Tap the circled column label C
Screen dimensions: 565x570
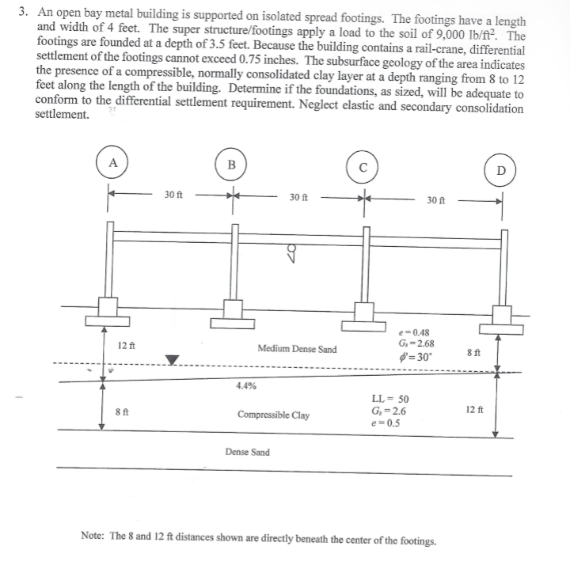pos(362,167)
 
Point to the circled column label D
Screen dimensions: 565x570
pos(501,170)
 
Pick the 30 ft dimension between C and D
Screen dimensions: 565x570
pos(436,200)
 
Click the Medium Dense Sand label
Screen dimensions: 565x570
pos(297,349)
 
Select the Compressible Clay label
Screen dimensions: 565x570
pos(273,415)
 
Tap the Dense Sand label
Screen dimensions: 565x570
pos(247,453)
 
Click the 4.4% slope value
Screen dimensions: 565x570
pos(245,387)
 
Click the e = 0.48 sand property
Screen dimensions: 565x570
pos(416,333)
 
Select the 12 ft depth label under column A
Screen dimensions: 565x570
pos(126,346)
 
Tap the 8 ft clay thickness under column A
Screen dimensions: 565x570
pos(122,411)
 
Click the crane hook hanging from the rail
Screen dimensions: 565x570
pos(292,252)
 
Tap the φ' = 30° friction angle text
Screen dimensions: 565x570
pos(416,356)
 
